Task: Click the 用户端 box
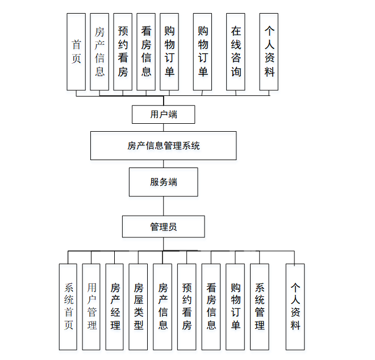point(164,114)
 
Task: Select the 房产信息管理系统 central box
point(164,146)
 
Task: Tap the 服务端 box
point(164,182)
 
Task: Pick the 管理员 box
point(164,227)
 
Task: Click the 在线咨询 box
point(236,52)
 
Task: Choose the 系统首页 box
point(68,306)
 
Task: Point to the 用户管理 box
point(91,306)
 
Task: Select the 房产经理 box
point(115,306)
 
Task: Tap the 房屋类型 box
point(139,306)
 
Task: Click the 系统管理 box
point(259,306)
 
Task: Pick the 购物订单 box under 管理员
point(235,306)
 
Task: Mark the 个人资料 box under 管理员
point(295,306)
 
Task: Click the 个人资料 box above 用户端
point(269,52)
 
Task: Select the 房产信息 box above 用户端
point(99,52)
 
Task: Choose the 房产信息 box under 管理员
point(163,306)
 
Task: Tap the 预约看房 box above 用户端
point(123,52)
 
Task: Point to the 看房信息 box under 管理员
point(211,306)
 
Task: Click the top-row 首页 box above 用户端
point(76,52)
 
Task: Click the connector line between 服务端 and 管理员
point(164,206)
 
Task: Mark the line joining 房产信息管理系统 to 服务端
point(164,164)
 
